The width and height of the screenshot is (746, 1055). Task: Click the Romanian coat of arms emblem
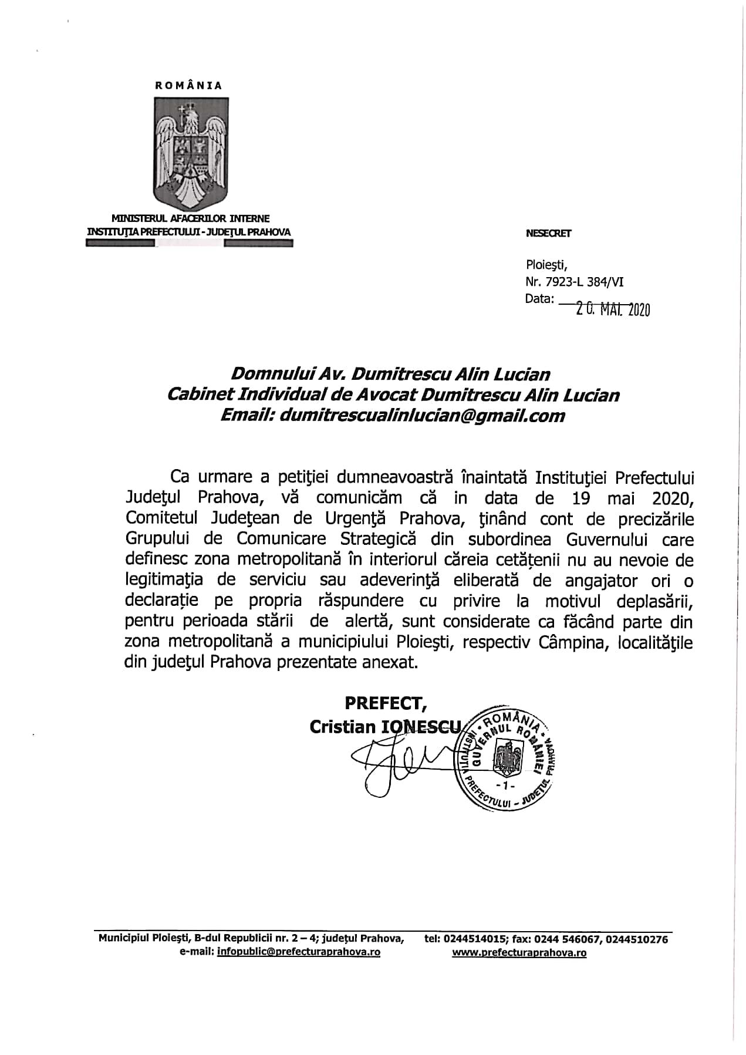tap(191, 152)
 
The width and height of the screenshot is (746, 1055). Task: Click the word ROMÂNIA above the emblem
tap(189, 86)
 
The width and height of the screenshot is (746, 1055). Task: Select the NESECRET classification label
tap(549, 233)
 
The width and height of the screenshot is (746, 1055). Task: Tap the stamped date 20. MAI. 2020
tap(613, 309)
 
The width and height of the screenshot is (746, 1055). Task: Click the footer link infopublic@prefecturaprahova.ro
tap(298, 952)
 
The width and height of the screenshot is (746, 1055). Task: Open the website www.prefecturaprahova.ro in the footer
tap(519, 953)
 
